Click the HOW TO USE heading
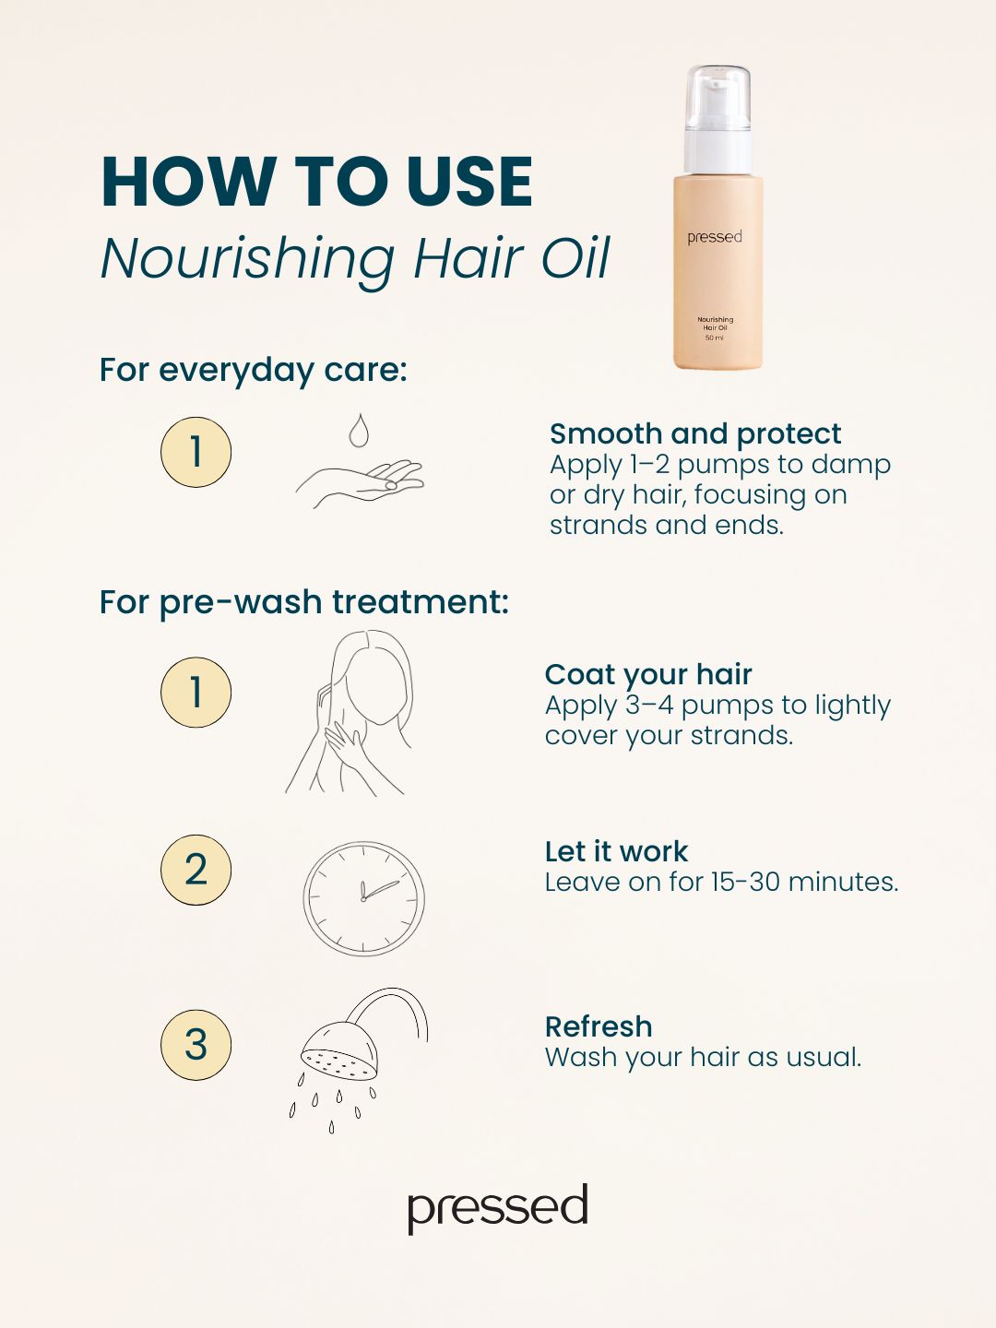tap(316, 182)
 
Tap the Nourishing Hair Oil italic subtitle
tap(355, 259)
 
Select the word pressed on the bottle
tap(714, 237)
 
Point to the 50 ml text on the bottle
tap(714, 338)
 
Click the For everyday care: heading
tap(254, 370)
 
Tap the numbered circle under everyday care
tap(196, 452)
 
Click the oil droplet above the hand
tap(359, 431)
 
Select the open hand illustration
tap(360, 484)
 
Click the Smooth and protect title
tap(695, 433)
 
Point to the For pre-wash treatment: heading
tap(304, 602)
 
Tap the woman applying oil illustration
tap(350, 713)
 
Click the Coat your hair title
tap(648, 674)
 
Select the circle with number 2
tap(196, 870)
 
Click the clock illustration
tap(363, 898)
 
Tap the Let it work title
tap(616, 852)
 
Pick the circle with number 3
tap(196, 1045)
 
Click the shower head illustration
tap(359, 1060)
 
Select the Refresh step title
tap(599, 1026)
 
